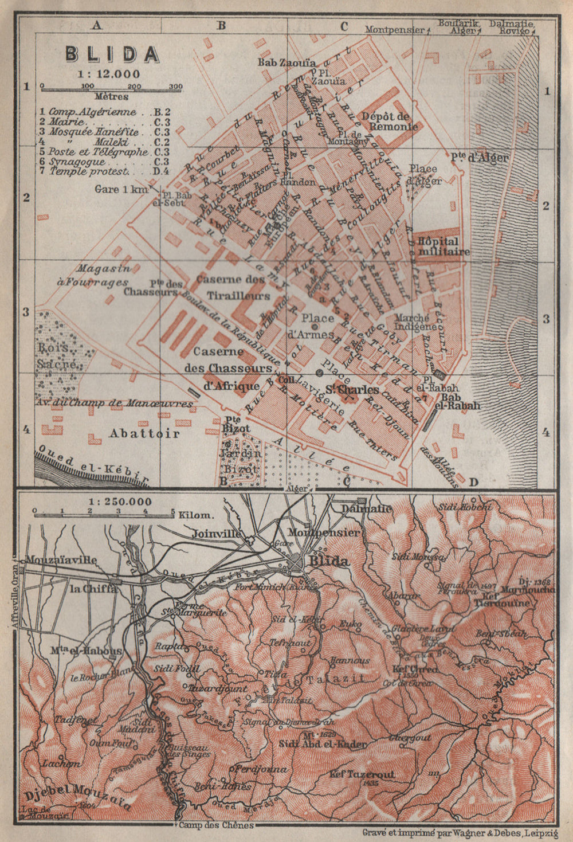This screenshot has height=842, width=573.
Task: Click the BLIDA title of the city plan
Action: pyautogui.click(x=112, y=54)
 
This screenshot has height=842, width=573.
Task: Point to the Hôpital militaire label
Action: pyautogui.click(x=444, y=246)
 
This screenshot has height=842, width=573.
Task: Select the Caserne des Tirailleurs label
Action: pyautogui.click(x=233, y=287)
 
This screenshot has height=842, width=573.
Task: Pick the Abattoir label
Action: pyautogui.click(x=144, y=433)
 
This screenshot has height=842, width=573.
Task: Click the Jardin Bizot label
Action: pyautogui.click(x=241, y=461)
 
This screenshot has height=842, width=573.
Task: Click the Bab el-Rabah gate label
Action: pyautogui.click(x=461, y=400)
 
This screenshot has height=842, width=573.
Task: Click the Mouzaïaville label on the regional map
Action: pyautogui.click(x=60, y=560)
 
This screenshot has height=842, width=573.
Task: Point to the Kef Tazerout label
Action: pyautogui.click(x=362, y=774)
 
